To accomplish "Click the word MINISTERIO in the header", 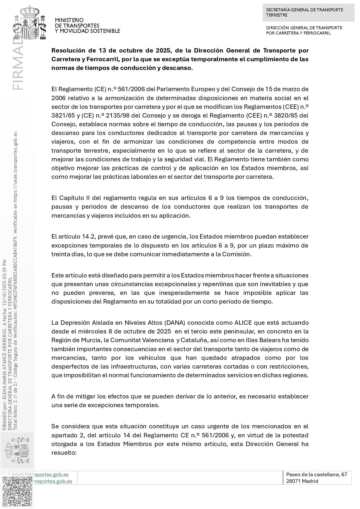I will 69,20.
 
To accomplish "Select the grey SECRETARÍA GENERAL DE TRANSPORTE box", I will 308,12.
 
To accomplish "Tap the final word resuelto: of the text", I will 64,453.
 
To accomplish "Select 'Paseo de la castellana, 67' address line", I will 316,474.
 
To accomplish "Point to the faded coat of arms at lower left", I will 18,449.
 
